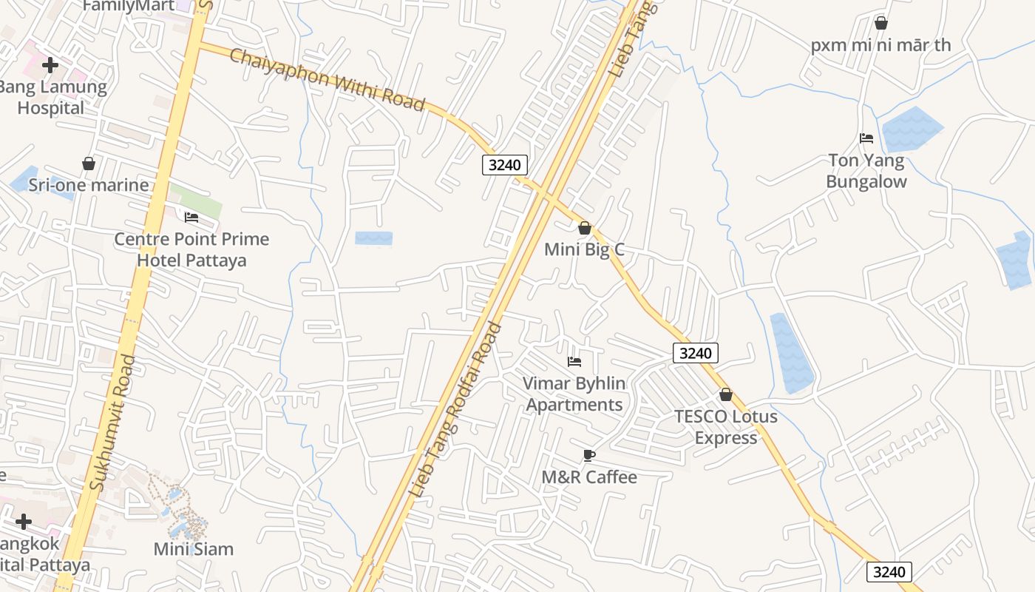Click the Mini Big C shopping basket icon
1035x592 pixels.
click(x=585, y=228)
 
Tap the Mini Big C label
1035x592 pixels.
click(x=584, y=249)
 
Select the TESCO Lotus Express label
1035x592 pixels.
click(x=725, y=427)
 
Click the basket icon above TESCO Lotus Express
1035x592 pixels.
click(x=726, y=394)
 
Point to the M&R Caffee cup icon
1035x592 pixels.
click(x=588, y=455)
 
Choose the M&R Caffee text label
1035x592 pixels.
click(x=588, y=477)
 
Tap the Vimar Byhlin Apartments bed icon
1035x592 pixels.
click(x=574, y=362)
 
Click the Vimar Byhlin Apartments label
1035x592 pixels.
click(x=574, y=394)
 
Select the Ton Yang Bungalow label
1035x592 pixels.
click(x=866, y=171)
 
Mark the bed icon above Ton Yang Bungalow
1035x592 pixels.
click(x=866, y=138)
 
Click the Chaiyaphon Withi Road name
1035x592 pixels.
click(x=327, y=79)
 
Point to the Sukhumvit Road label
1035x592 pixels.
click(x=112, y=422)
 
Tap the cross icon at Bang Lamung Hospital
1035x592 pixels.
click(x=50, y=65)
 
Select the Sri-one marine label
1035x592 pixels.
click(x=89, y=185)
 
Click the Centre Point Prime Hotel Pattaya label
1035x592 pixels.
click(x=191, y=249)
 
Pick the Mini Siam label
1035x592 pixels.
click(x=194, y=549)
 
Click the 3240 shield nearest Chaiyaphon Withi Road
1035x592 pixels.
click(x=505, y=164)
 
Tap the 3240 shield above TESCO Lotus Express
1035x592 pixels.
click(x=695, y=353)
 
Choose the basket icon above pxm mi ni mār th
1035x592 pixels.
click(x=880, y=23)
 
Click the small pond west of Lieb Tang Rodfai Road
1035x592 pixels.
click(x=373, y=238)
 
